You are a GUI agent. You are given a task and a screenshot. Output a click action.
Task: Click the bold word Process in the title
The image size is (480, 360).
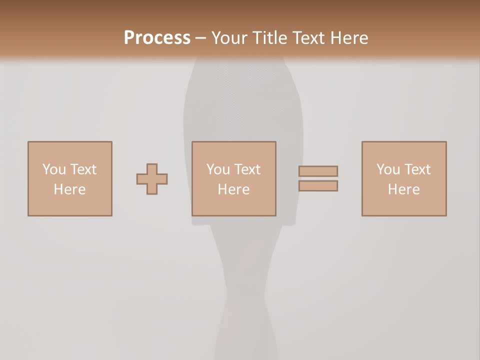(157, 38)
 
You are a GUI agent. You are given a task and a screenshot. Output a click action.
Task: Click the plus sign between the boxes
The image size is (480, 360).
(152, 179)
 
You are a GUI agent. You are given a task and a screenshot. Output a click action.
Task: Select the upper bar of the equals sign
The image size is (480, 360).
(318, 171)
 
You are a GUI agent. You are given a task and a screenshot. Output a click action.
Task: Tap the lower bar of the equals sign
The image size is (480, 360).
(318, 186)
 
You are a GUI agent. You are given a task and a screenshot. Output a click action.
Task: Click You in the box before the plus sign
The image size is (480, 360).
(53, 169)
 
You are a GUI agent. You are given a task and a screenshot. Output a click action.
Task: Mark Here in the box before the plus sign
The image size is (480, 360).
(69, 189)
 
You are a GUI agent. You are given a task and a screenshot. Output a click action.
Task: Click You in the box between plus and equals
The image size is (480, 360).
(217, 169)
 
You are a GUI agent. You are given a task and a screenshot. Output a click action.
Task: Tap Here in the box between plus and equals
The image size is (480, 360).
(233, 189)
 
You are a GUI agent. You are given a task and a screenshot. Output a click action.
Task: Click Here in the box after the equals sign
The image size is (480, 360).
(403, 189)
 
